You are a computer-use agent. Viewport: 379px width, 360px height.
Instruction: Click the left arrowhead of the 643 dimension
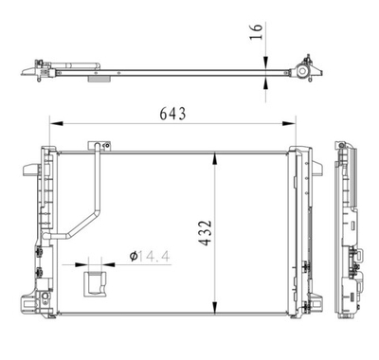(x=53, y=122)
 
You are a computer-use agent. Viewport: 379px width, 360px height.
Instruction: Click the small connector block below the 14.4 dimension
(x=96, y=282)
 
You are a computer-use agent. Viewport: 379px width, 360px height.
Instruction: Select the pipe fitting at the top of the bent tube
(x=95, y=146)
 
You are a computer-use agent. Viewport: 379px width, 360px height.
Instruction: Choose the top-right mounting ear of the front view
(x=306, y=152)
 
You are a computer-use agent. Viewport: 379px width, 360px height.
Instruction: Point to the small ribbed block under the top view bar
(x=98, y=81)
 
